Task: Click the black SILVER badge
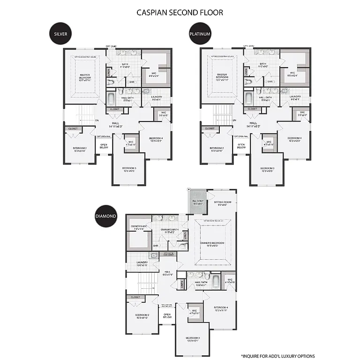point(60,34)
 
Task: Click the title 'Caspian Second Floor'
point(180,12)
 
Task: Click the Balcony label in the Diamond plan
point(197,202)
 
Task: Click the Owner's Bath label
point(167,231)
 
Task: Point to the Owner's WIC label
point(138,228)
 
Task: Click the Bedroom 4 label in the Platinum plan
point(294,139)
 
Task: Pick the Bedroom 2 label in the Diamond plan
point(142,316)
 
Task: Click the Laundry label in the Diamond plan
point(142,263)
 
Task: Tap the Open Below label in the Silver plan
point(104,146)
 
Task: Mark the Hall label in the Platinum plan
point(253,124)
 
